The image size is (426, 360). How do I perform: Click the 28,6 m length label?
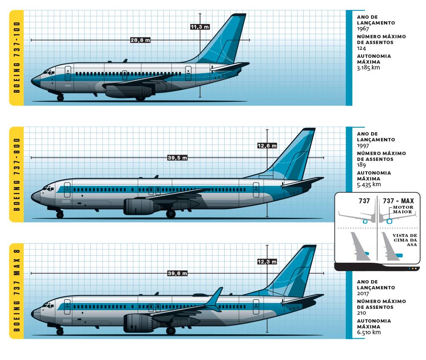pyautogui.click(x=140, y=40)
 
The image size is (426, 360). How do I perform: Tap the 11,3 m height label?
pyautogui.click(x=200, y=27)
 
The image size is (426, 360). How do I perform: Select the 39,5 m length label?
pyautogui.click(x=177, y=158)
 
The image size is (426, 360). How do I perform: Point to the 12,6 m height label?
pyautogui.click(x=267, y=145)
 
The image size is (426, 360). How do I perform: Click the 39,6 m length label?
pyautogui.click(x=177, y=273)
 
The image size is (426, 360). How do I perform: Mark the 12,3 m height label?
pyautogui.click(x=267, y=261)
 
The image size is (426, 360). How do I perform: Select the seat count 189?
pyautogui.click(x=362, y=165)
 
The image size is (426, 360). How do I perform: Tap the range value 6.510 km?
pyautogui.click(x=369, y=332)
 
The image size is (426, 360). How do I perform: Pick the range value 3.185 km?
pyautogui.click(x=369, y=67)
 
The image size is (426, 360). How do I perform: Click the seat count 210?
pyautogui.click(x=362, y=313)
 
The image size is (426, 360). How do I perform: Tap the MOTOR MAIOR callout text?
pyautogui.click(x=403, y=210)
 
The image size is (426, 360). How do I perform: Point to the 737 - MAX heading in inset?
pyautogui.click(x=398, y=201)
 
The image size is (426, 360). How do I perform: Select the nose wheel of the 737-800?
pyautogui.click(x=60, y=215)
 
